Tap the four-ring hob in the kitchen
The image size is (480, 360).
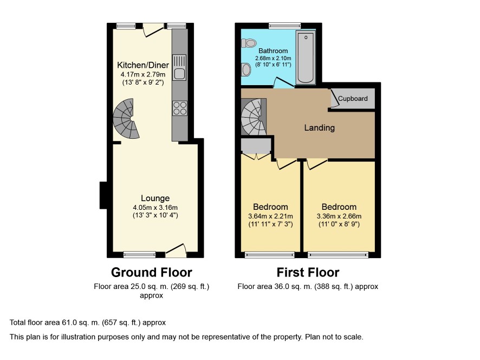click(x=180, y=108)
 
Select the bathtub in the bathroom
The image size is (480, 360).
click(x=306, y=57)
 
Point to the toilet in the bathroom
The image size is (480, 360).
click(x=249, y=43)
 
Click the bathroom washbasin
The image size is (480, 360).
click(x=246, y=69)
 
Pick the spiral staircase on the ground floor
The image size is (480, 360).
click(x=126, y=119)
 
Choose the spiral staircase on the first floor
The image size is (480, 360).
click(x=254, y=117)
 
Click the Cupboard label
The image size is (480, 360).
click(x=353, y=99)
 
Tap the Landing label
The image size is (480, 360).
click(x=319, y=128)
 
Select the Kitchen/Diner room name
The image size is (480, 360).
click(x=143, y=65)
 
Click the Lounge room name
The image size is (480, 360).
click(x=155, y=198)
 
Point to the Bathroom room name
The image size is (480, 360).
click(x=273, y=51)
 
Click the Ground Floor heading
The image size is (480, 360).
click(x=152, y=272)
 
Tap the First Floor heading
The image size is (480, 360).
click(x=308, y=272)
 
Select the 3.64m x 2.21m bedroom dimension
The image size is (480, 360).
click(x=271, y=216)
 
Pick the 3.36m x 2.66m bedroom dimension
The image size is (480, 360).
click(x=339, y=216)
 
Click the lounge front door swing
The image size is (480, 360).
click(x=176, y=250)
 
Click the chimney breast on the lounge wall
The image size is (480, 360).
click(x=103, y=196)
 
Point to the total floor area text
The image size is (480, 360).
click(x=88, y=323)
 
